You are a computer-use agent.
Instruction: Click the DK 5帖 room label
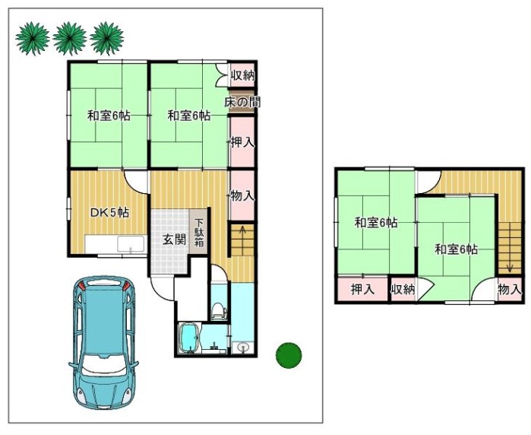[109, 213]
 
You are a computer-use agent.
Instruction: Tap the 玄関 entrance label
[175, 240]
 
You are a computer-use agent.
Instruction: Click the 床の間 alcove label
[242, 102]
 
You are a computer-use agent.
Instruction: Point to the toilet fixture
[219, 310]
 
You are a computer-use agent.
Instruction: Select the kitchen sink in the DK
[131, 244]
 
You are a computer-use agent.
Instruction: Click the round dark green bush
[289, 355]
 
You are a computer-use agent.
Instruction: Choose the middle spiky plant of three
[69, 38]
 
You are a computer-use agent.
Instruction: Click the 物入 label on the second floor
[509, 289]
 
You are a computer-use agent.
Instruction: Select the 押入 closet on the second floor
[362, 289]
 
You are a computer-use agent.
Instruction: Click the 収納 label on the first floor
[242, 75]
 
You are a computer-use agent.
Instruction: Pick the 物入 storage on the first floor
[242, 195]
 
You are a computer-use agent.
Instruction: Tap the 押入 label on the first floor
[242, 141]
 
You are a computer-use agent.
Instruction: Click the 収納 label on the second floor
[403, 289]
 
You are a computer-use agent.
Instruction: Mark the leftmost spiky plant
[33, 38]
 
